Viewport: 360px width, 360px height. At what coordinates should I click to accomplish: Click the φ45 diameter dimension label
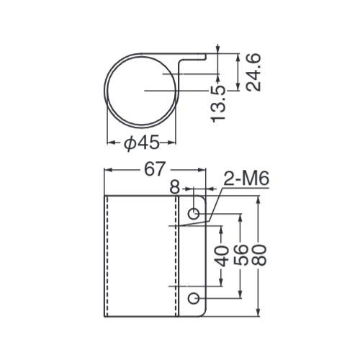click(x=142, y=143)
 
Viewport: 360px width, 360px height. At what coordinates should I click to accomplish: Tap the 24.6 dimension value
click(x=253, y=72)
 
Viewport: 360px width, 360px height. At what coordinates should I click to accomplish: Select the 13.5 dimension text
click(x=218, y=104)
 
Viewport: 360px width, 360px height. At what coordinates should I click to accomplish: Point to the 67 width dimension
click(x=155, y=169)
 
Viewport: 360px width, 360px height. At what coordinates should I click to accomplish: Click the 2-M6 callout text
click(x=246, y=179)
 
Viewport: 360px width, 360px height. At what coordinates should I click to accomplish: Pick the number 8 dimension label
click(x=175, y=187)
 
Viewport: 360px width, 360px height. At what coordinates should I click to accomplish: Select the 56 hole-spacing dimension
click(x=240, y=255)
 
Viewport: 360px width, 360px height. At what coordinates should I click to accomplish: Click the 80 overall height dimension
click(x=259, y=255)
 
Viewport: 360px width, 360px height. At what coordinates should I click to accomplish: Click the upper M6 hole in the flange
click(x=194, y=214)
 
